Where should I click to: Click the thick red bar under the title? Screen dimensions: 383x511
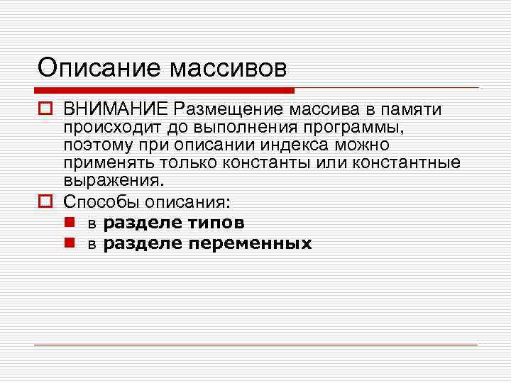164,91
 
